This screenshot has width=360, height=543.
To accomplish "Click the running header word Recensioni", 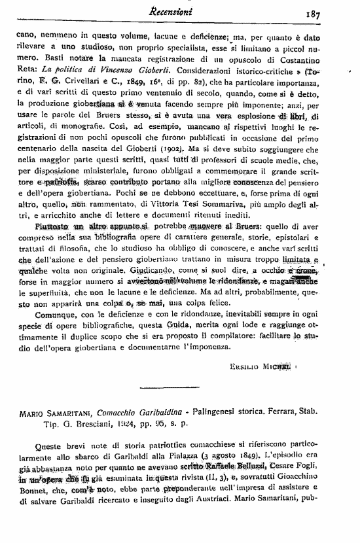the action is (179, 10).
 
